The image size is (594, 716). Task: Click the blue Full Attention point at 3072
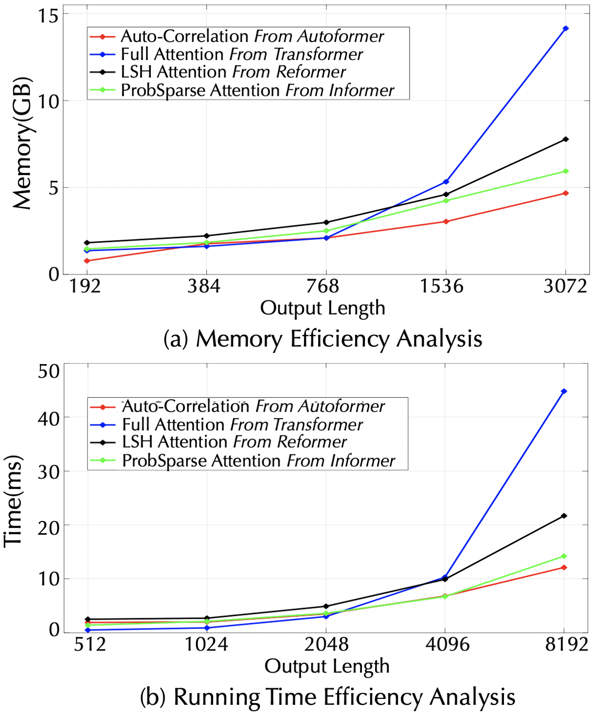tap(565, 29)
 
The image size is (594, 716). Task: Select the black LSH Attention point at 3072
tap(565, 140)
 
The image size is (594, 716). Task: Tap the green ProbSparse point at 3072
tap(565, 171)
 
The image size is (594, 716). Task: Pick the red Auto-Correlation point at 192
tap(87, 261)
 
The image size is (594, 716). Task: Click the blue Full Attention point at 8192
tap(564, 391)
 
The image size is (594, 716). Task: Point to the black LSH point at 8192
tap(564, 516)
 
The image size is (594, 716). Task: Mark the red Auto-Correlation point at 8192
tap(564, 567)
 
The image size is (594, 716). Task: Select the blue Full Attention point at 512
tap(87, 630)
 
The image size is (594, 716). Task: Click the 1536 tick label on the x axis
tap(441, 286)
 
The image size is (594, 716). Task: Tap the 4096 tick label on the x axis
tap(447, 645)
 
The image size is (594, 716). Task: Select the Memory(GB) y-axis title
tap(22, 143)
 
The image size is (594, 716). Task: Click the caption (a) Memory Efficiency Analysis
tap(323, 339)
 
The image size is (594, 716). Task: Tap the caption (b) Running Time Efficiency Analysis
tap(327, 697)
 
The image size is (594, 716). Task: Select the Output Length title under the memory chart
tap(323, 308)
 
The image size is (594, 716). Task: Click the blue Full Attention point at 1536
tap(446, 182)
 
